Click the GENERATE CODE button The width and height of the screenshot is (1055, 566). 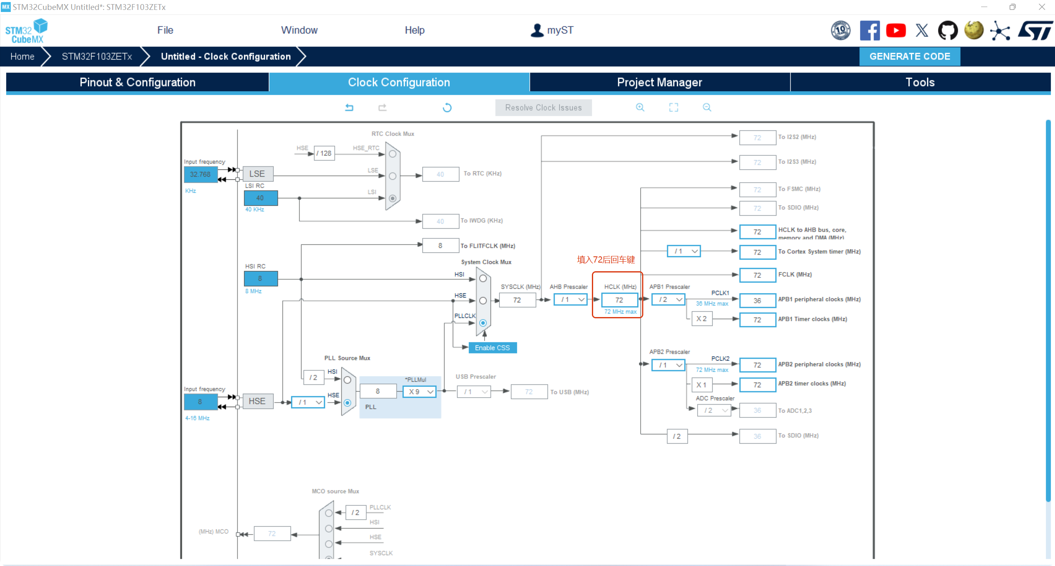pos(909,57)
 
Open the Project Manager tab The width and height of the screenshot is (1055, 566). pos(659,82)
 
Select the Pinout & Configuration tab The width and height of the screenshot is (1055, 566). pos(137,82)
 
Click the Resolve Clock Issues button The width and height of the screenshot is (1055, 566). pos(543,108)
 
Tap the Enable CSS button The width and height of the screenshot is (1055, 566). pos(492,348)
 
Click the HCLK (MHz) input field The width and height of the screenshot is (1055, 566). pos(619,300)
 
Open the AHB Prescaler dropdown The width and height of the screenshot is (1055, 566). pos(570,299)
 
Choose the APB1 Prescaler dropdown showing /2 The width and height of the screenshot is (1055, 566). pos(668,299)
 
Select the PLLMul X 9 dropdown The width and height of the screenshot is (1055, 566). pos(419,391)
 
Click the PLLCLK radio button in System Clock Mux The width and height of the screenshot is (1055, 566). pos(483,323)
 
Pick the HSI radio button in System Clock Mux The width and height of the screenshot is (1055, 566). pos(483,278)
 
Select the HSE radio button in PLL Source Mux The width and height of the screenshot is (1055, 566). pos(348,403)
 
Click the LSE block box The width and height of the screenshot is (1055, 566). pos(258,174)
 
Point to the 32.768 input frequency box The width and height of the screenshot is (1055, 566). pos(200,174)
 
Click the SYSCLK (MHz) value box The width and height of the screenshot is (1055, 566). pos(517,300)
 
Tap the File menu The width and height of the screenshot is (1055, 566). pos(165,30)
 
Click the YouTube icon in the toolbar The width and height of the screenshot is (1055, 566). pos(896,31)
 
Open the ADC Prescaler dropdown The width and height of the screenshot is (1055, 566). pos(714,410)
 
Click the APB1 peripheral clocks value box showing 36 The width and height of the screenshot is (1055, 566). pos(757,301)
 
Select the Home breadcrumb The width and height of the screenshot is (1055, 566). pos(22,57)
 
